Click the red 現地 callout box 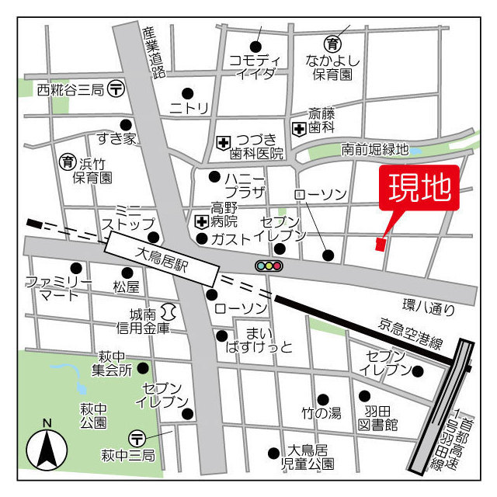click(x=419, y=189)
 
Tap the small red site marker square click(x=380, y=245)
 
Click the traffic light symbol click(x=269, y=266)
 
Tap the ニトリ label click(x=189, y=108)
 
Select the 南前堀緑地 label click(x=374, y=149)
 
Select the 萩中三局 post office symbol click(x=137, y=440)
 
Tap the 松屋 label click(x=125, y=287)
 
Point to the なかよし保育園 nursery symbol click(x=333, y=43)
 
